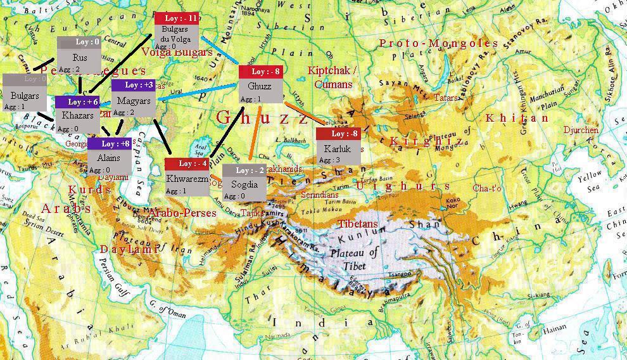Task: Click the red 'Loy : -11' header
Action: [177, 18]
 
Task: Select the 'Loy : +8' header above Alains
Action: [110, 144]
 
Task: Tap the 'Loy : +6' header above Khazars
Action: [77, 102]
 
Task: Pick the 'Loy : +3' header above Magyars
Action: [133, 85]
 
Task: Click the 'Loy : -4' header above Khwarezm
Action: [187, 164]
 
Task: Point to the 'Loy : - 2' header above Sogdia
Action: [244, 170]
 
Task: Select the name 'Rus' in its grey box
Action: [80, 58]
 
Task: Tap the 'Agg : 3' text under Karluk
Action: [330, 160]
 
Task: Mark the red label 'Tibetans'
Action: [358, 224]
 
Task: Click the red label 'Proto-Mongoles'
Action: [439, 43]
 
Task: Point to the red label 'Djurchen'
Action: [581, 130]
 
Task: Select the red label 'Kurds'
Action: [90, 190]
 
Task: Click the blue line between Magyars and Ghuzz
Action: [196, 93]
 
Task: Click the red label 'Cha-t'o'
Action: [487, 188]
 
